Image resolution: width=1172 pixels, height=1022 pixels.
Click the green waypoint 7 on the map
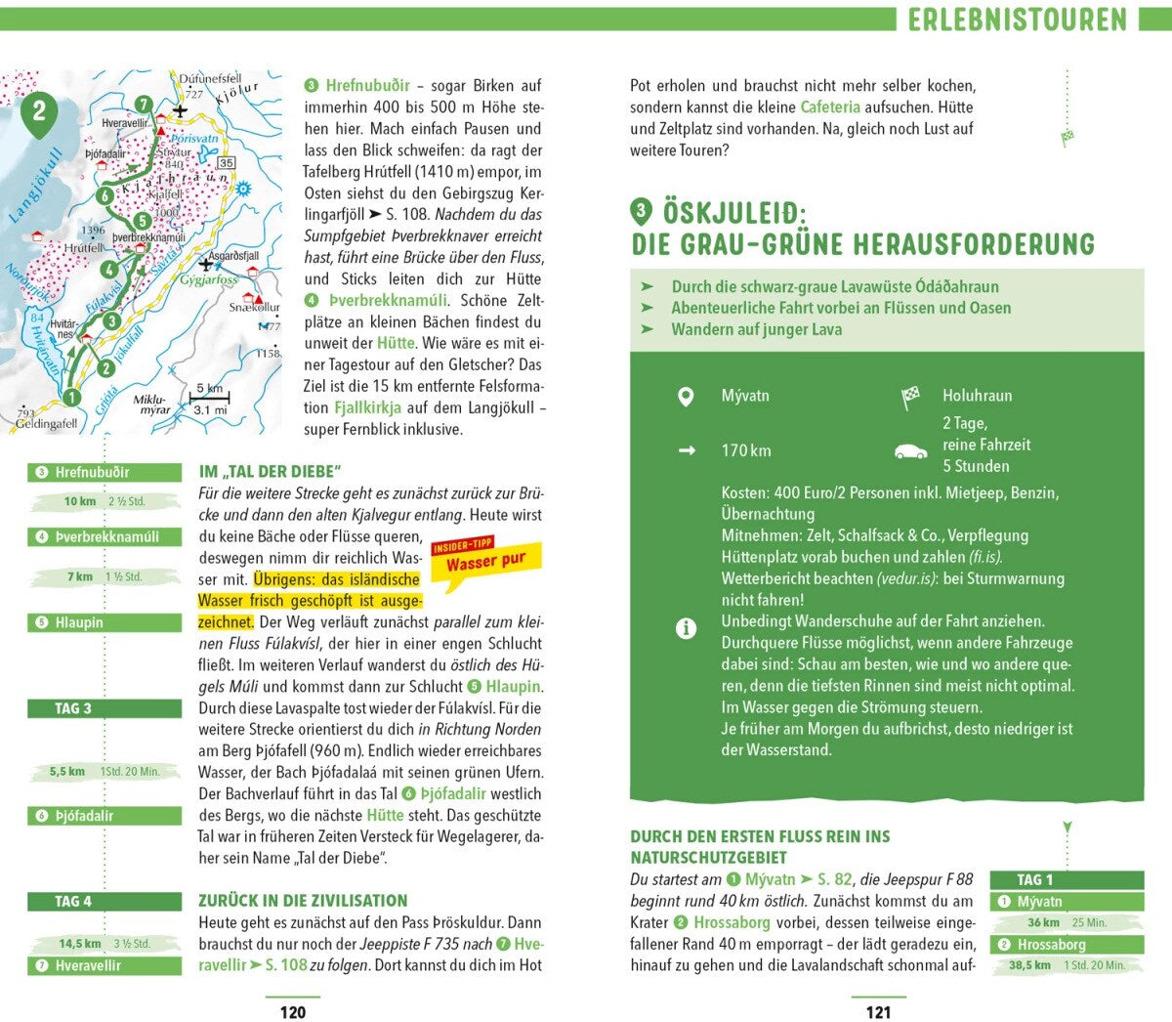click(143, 105)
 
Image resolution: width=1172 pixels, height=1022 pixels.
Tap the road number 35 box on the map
click(227, 163)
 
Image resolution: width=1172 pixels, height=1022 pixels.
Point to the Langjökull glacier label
click(36, 187)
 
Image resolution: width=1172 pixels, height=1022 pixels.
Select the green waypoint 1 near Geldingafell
click(70, 398)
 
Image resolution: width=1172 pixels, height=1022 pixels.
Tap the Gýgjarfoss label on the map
click(208, 280)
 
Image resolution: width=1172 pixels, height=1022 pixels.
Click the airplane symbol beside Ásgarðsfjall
click(205, 264)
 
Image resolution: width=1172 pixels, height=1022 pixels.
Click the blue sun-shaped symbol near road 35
click(243, 189)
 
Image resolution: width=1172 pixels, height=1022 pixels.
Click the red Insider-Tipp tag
click(463, 544)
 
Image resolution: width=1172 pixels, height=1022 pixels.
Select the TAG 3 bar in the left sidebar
click(105, 708)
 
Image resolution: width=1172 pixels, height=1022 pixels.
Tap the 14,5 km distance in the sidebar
click(80, 944)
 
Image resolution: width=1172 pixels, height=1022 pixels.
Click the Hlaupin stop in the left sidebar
click(105, 622)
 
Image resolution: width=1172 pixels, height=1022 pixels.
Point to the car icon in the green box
click(910, 451)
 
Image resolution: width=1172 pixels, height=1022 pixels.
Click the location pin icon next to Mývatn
click(686, 397)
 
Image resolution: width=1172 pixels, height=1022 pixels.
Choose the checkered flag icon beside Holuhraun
click(910, 397)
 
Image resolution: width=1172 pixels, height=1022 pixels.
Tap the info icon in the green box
click(686, 629)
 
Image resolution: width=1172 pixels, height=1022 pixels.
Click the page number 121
click(878, 1012)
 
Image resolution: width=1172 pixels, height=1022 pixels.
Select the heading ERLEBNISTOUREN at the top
click(1017, 20)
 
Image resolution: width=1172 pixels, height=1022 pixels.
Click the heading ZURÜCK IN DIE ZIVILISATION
click(303, 901)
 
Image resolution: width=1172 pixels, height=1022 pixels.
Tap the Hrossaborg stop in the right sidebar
click(1067, 945)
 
